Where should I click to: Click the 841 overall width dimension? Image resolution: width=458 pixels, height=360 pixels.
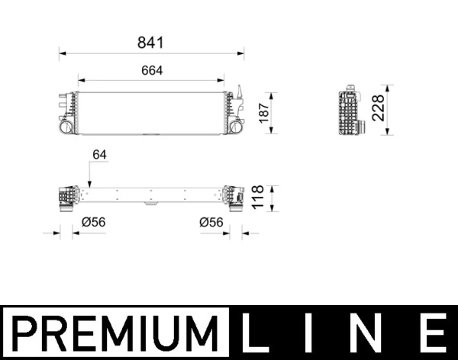point(151,43)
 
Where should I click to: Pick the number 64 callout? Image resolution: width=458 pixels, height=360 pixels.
point(99,154)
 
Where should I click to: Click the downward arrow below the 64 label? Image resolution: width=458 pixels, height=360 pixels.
point(89,182)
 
